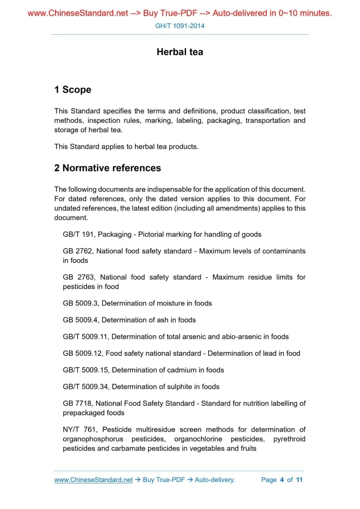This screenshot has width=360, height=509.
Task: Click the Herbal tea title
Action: coord(180,52)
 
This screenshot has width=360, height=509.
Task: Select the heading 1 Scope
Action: coord(73,90)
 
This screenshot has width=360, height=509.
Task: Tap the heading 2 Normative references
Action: coord(108,168)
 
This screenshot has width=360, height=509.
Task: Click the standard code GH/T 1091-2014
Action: coord(180,25)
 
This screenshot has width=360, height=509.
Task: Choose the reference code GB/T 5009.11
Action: coord(86,337)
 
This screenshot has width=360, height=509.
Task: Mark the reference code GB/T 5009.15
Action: coord(86,370)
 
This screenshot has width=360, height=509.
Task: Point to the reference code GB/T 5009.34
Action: coord(86,386)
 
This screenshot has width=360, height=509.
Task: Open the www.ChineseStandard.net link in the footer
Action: coord(94,480)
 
